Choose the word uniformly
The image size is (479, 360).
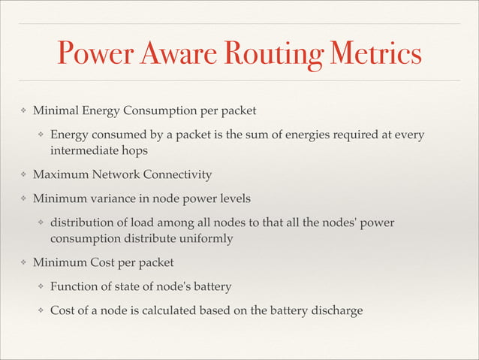click(208, 238)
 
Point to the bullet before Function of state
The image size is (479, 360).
click(42, 287)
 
